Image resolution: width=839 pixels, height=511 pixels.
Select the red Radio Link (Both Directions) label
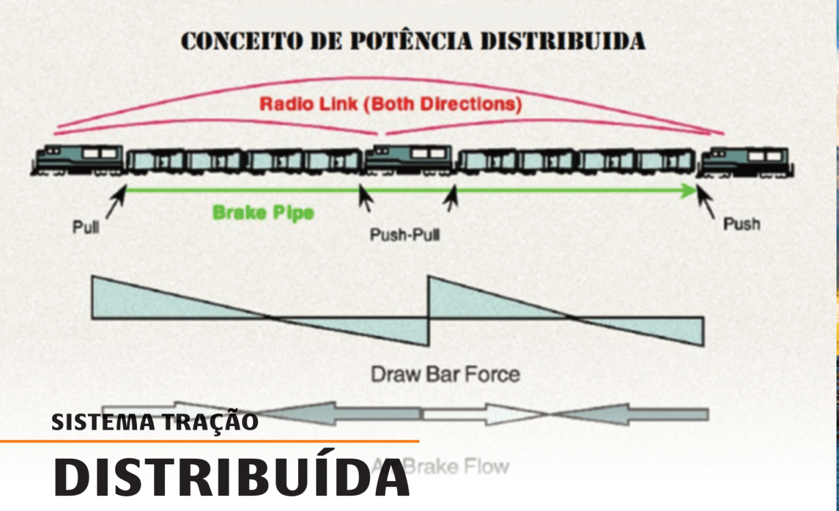tap(390, 103)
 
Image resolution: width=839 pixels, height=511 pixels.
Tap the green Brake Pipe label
tap(263, 213)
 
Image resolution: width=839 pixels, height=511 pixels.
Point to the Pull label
tap(86, 227)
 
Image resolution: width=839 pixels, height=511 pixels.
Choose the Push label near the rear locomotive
tap(741, 224)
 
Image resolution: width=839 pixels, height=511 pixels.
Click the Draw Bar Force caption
tap(445, 375)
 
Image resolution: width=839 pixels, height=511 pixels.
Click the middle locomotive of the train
tap(408, 160)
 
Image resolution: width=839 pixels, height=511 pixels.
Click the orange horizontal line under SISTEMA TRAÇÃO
tap(209, 441)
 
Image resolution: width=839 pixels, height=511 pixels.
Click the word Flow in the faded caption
tap(485, 467)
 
